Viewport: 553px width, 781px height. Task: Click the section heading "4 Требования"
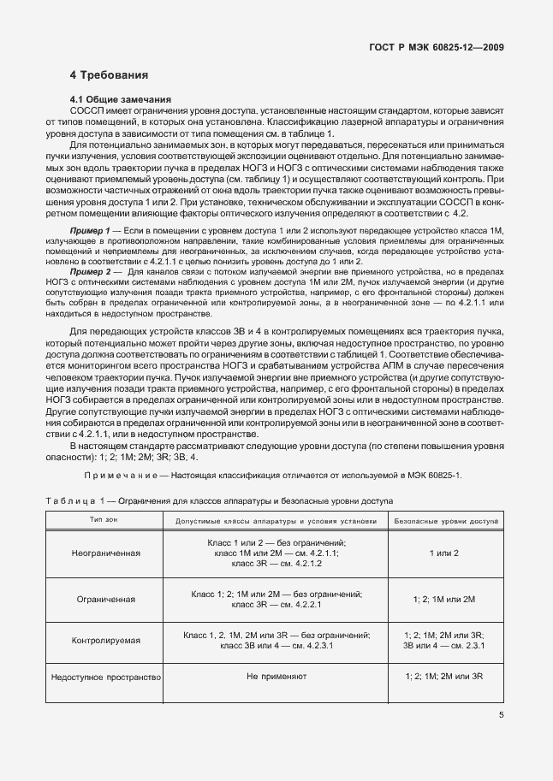click(110, 75)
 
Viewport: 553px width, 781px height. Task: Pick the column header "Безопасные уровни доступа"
click(448, 520)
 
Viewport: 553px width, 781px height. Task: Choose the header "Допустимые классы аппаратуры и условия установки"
click(276, 520)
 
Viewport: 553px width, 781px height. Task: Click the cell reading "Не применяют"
click(276, 677)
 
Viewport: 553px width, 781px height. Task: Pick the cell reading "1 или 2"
click(443, 553)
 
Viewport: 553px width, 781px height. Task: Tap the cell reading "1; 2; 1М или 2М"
click(443, 599)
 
